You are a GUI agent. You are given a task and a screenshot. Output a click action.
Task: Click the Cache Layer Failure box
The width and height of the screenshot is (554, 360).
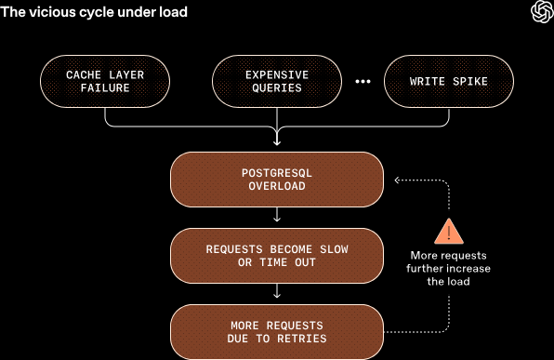pos(105,81)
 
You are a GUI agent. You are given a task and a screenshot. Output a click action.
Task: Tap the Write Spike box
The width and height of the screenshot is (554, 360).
pos(448,81)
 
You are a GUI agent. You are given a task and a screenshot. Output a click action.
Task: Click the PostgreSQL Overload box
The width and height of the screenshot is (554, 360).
pos(277,180)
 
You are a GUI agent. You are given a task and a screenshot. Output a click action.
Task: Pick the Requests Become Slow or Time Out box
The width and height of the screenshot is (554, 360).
pos(277,256)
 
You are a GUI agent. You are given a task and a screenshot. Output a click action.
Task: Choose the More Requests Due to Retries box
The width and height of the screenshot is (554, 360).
pos(277,332)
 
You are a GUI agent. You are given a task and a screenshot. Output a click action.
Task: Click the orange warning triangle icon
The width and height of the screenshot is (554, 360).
pos(451,230)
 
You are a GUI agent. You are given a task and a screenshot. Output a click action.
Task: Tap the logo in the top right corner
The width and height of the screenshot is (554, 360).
pos(540,12)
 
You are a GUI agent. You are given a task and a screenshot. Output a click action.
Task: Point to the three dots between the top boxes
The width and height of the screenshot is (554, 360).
pos(363,82)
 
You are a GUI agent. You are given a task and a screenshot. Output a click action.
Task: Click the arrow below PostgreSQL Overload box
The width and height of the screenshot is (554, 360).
pos(277,217)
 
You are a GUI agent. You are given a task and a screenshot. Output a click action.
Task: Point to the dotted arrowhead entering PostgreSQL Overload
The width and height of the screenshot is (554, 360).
pos(395,180)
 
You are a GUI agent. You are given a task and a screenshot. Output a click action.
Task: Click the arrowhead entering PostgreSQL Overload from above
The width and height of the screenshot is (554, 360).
pos(277,142)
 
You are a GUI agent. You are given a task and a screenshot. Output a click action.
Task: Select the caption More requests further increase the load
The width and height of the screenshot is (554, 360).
pos(451,269)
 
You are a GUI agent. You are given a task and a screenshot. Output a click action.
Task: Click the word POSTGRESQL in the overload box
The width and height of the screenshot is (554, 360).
pos(277,173)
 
